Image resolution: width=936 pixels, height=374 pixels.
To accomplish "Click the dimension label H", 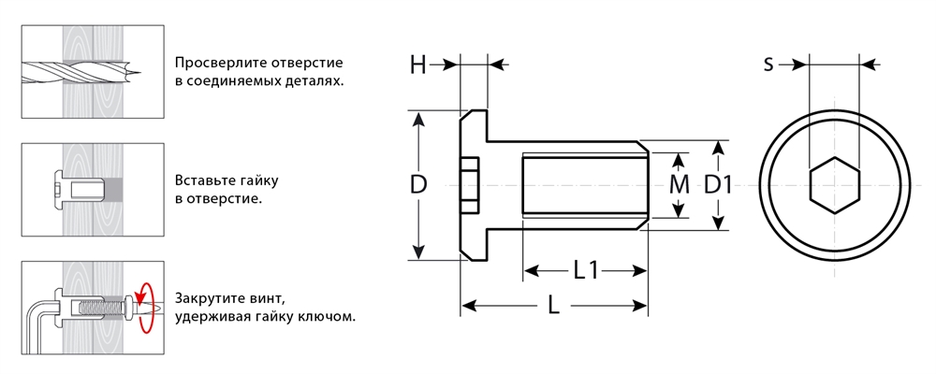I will click(x=417, y=65).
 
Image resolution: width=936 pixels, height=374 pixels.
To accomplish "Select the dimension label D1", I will click(x=718, y=184).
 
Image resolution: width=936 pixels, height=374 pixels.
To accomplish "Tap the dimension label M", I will click(x=680, y=184).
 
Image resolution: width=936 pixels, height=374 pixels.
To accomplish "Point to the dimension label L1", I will click(x=586, y=271).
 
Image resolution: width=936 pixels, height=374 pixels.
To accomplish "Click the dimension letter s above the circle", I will click(x=768, y=65).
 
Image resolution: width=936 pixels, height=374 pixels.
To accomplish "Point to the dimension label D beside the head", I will click(x=418, y=184).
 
